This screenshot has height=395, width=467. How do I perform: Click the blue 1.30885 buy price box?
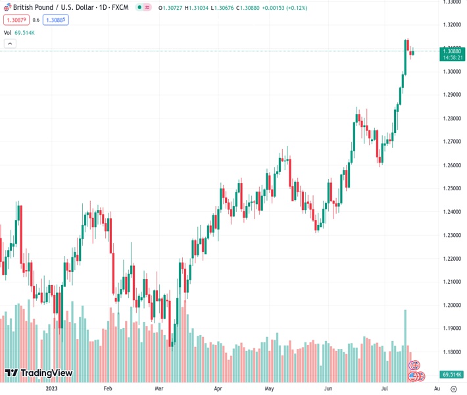coord(56,20)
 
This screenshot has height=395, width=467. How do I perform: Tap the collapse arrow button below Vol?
coord(10,43)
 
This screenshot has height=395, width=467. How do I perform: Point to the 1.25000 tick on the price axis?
coord(451,188)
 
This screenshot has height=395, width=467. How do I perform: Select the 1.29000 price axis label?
coord(451,95)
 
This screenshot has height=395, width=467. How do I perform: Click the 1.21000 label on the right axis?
coord(451,282)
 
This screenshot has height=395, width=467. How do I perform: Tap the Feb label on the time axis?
coord(108,389)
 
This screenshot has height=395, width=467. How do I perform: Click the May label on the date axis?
coord(269,389)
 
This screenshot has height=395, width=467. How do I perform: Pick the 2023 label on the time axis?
coord(53,389)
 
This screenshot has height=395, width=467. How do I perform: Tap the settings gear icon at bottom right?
coord(453,389)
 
